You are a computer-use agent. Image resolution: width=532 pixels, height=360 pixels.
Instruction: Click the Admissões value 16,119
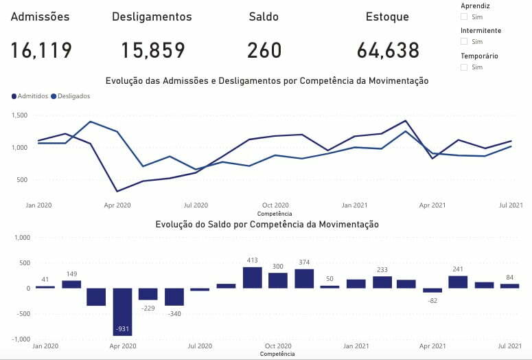[x=41, y=50]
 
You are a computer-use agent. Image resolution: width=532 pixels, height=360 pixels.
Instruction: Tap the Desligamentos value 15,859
[x=153, y=50]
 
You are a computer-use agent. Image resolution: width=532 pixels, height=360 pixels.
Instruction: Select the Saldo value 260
[x=264, y=50]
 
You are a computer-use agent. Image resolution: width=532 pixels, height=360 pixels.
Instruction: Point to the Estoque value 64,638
[x=388, y=50]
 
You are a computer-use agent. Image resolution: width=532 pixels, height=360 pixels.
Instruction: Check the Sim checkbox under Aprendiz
[x=464, y=16]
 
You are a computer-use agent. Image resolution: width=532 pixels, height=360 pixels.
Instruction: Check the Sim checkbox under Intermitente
[x=464, y=42]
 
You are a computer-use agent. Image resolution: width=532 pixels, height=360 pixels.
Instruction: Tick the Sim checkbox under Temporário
[x=464, y=67]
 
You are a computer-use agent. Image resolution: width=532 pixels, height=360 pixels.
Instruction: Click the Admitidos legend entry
[x=30, y=96]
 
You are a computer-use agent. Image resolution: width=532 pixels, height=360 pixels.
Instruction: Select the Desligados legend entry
[x=71, y=96]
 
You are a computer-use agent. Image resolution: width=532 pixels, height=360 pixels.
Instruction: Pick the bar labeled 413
[x=253, y=278]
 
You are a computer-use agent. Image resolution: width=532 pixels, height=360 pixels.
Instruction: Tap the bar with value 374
[x=304, y=278]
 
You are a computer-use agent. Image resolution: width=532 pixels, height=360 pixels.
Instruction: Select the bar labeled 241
[x=458, y=282]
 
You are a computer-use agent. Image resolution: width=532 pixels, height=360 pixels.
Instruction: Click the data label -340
[x=174, y=314]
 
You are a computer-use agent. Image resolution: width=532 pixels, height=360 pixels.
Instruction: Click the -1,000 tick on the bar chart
[x=21, y=339]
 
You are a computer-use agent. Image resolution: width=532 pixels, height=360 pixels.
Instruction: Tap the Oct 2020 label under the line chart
[x=275, y=205]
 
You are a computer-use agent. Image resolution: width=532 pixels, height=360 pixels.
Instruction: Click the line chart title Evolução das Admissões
[x=267, y=81]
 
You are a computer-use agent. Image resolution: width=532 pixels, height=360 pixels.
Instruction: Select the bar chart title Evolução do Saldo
[x=267, y=225]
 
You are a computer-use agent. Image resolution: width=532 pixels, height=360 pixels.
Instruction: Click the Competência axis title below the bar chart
[x=277, y=354]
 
